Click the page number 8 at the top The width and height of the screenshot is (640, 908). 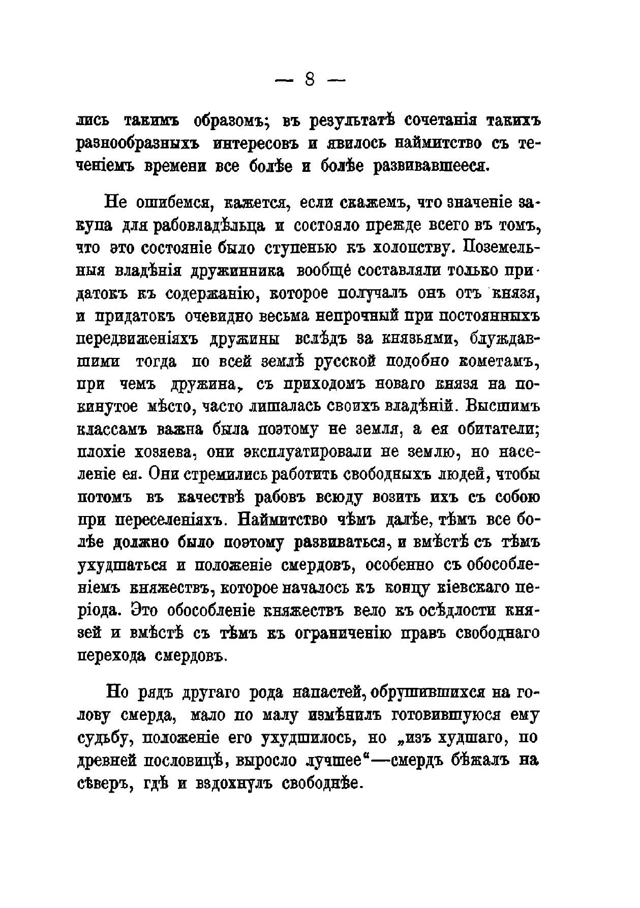coord(310,80)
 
